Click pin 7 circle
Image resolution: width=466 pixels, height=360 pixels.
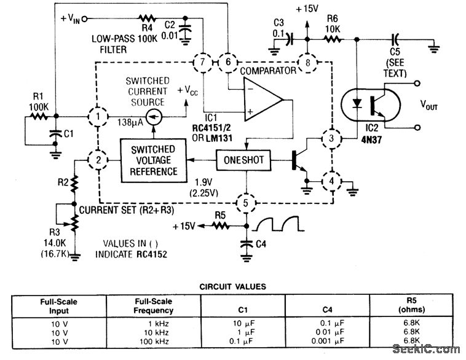pyautogui.click(x=200, y=62)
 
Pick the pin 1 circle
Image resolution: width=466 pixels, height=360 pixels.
pyautogui.click(x=97, y=115)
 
